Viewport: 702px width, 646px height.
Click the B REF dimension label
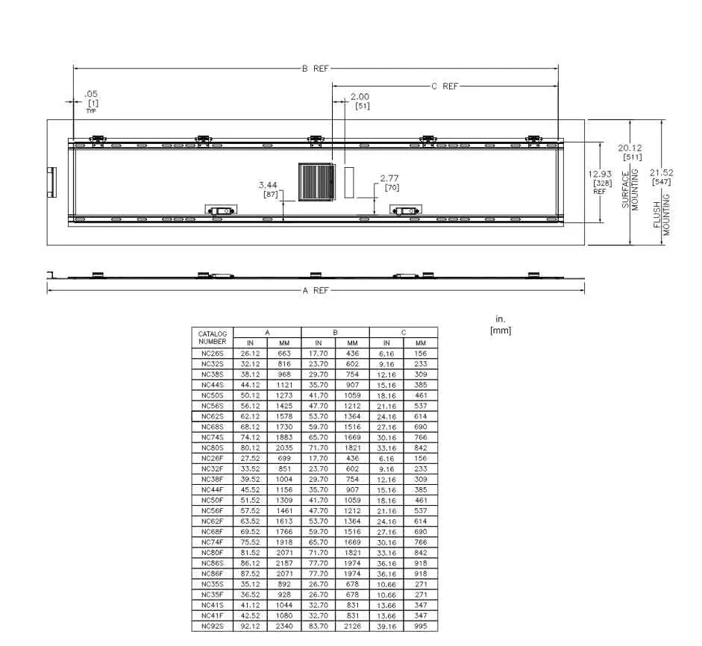point(315,69)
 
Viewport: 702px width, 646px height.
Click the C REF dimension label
point(445,86)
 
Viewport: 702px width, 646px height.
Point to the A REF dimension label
point(316,290)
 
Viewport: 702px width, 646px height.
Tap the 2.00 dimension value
point(360,96)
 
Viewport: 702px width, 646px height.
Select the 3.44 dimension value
point(268,185)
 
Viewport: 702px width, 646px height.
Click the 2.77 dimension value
point(389,178)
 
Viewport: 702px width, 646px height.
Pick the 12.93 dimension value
point(600,174)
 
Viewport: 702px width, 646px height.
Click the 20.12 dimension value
point(630,148)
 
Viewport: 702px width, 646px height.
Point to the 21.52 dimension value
point(661,172)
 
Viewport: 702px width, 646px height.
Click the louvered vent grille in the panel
point(317,182)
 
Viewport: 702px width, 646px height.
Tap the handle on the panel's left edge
point(52,182)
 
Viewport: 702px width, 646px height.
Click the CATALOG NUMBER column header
point(212,338)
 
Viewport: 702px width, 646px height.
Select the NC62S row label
point(212,416)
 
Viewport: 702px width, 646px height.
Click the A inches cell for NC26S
point(250,354)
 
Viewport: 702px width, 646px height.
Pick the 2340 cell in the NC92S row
point(284,626)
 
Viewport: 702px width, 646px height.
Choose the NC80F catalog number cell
point(212,553)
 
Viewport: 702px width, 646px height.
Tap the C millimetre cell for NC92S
point(421,626)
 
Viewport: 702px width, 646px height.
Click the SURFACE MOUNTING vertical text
point(630,189)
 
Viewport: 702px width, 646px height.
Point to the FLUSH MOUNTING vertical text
point(661,214)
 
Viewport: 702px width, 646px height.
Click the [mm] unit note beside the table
point(501,330)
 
